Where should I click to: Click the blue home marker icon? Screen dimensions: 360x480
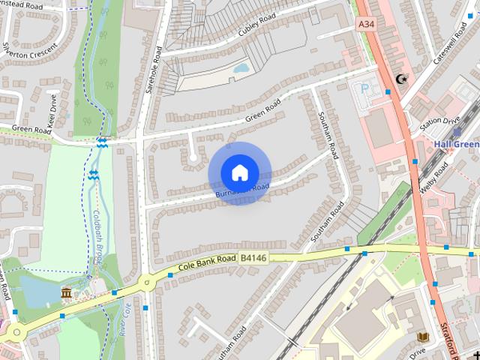[239, 173]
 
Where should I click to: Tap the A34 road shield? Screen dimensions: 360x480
[366, 25]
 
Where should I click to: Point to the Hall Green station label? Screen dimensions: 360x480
[455, 143]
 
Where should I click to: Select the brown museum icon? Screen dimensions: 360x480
[67, 292]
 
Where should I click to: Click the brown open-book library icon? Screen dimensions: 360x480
[422, 337]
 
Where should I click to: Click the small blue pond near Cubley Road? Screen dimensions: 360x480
[241, 68]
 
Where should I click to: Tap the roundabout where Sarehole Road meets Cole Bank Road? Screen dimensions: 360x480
[145, 283]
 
